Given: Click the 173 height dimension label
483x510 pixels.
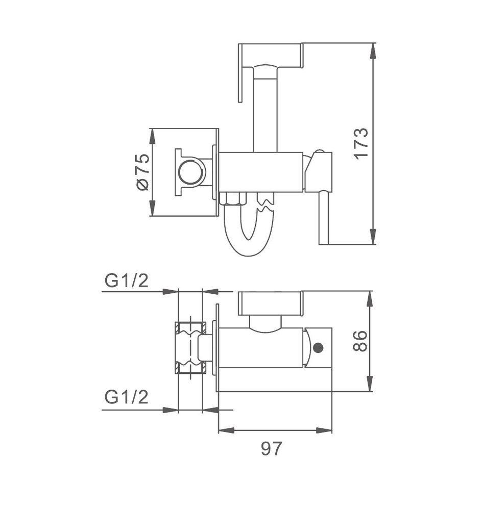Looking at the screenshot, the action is tap(361, 143).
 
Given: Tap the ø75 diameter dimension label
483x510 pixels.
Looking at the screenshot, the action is tap(142, 172).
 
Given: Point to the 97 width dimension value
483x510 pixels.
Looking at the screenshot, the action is tap(271, 448).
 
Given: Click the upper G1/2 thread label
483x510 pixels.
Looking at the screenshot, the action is tap(127, 280).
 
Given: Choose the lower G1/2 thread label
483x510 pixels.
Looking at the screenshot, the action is tap(127, 397).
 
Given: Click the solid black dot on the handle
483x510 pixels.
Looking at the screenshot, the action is tap(318, 348).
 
